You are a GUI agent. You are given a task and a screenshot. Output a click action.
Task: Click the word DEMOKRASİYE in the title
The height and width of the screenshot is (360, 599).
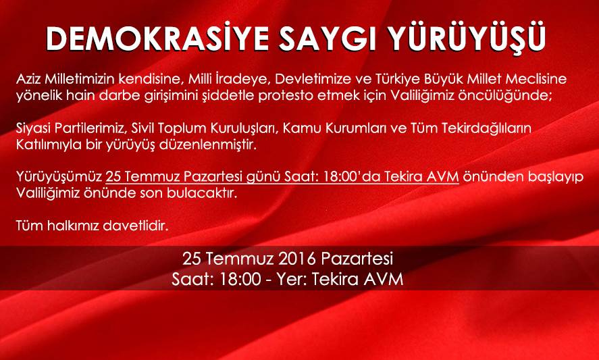[x=156, y=38]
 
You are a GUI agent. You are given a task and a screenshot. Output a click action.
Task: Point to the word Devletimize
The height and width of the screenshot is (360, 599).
[x=307, y=80]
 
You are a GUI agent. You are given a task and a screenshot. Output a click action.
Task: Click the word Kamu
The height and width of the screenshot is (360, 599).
[x=298, y=129]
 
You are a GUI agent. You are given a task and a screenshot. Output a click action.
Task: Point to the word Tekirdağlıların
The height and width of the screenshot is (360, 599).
[x=487, y=129]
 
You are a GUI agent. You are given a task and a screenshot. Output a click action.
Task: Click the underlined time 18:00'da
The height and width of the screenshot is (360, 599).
[x=351, y=177]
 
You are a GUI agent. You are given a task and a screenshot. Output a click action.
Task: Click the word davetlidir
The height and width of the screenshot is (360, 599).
[x=136, y=226]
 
